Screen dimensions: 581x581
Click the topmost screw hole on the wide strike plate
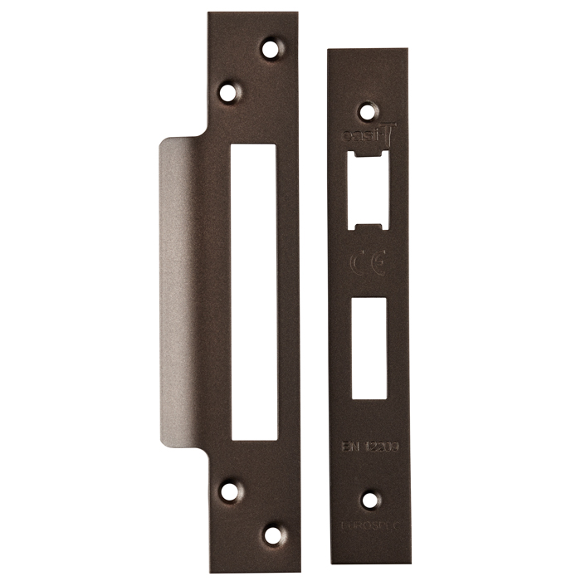[270, 49]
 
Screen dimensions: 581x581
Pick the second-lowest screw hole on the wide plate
[228, 491]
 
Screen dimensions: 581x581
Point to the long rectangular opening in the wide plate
[253, 290]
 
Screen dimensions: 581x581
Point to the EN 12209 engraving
[369, 447]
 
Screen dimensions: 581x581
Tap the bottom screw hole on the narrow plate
[369, 500]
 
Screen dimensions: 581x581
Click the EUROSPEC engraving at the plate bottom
[369, 526]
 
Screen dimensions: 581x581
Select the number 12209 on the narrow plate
[378, 447]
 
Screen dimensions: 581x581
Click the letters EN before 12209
[350, 447]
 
